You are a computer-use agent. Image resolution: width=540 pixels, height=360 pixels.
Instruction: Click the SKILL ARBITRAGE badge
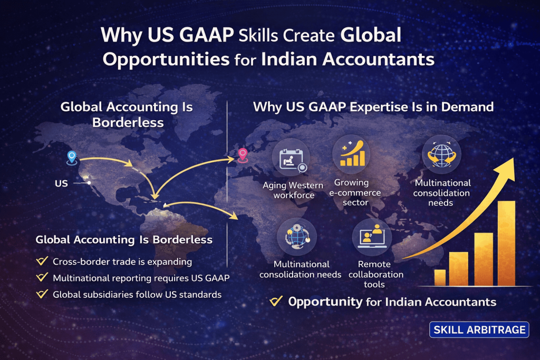[x=479, y=330]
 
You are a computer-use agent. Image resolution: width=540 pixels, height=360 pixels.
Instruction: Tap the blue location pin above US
[x=72, y=157]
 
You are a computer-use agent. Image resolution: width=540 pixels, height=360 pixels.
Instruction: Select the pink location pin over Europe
[x=243, y=155]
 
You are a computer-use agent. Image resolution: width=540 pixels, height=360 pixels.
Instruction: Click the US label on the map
[x=61, y=183]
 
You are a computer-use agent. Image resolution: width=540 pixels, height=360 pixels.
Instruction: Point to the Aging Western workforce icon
[x=291, y=159]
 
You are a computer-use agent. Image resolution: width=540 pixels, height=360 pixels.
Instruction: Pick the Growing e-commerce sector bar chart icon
[x=352, y=154]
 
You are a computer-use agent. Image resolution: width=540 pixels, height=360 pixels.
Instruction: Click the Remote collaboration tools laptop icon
[x=372, y=237]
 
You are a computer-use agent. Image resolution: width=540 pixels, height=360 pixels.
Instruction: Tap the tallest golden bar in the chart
[x=507, y=244]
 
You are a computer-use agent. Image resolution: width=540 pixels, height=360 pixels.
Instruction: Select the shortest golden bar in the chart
[x=440, y=278]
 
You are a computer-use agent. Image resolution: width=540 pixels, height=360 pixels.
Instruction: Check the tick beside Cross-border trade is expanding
[x=42, y=261]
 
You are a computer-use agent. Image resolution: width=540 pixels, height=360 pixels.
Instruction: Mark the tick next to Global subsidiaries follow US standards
[x=42, y=294]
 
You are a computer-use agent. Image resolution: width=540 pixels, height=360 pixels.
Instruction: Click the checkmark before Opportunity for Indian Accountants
[x=276, y=301]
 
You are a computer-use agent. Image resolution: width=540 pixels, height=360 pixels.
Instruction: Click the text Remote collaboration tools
[x=375, y=274]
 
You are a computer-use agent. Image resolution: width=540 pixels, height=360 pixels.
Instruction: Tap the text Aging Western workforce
[x=293, y=190]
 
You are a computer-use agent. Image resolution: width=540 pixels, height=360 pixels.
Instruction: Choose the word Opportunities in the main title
[x=166, y=60]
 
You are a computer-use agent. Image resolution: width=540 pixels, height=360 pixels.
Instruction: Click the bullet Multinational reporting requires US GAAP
[x=141, y=278]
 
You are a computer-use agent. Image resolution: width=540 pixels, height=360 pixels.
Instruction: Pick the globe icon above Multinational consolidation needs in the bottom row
[x=297, y=237]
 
